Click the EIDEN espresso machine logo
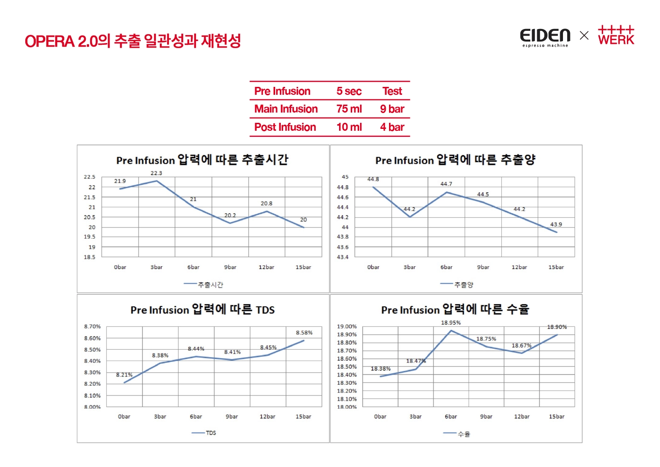click(x=545, y=37)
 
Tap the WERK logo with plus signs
click(x=616, y=35)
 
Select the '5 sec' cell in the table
click(x=349, y=91)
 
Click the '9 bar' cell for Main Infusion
click(x=392, y=109)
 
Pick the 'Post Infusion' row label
click(x=285, y=127)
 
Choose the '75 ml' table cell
click(x=349, y=109)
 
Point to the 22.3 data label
click(x=156, y=173)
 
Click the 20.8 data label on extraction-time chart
click(x=266, y=204)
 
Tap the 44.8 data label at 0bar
click(x=373, y=179)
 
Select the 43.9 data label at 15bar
click(x=556, y=225)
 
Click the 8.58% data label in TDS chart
click(x=304, y=333)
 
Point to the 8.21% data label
click(x=124, y=375)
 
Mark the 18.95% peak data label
click(x=451, y=323)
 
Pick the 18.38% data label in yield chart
click(x=381, y=369)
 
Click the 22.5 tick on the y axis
click(x=90, y=177)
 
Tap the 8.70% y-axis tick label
click(x=92, y=326)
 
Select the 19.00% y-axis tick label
click(x=347, y=326)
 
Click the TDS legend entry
click(x=204, y=433)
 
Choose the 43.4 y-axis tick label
click(x=342, y=257)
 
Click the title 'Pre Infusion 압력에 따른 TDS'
click(x=202, y=310)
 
